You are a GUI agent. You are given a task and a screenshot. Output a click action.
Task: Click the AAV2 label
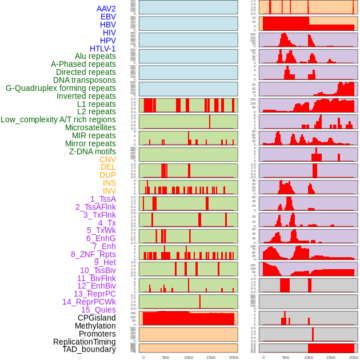click(x=106, y=9)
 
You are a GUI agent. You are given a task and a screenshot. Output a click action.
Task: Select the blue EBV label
click(x=108, y=17)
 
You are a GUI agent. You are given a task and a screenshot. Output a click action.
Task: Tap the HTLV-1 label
click(x=102, y=49)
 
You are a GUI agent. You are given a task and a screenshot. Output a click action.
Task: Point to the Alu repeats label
click(x=95, y=56)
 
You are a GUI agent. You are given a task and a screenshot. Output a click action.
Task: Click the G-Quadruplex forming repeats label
click(x=61, y=88)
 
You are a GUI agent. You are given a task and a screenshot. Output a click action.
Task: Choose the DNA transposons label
click(x=85, y=80)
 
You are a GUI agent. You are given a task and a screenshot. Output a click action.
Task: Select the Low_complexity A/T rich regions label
click(x=58, y=119)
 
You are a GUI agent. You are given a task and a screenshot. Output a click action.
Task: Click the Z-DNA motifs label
click(x=93, y=151)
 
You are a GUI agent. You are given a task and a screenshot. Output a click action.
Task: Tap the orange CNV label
click(x=107, y=159)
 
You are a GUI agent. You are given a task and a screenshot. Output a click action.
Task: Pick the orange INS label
click(x=109, y=183)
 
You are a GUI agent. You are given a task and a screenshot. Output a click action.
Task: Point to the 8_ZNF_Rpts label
click(x=93, y=254)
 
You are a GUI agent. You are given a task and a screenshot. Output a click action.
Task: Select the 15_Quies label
click(x=98, y=310)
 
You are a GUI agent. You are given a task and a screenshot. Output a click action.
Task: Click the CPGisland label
click(x=97, y=318)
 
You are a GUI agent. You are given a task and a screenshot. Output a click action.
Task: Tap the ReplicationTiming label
click(x=84, y=342)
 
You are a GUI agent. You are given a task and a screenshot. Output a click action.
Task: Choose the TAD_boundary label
click(x=89, y=349)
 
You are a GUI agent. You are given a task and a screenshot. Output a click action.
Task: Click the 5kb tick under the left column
click(x=166, y=357)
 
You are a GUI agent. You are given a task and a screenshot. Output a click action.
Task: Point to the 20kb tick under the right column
click(x=354, y=357)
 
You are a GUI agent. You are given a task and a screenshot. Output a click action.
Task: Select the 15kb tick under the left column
click(x=211, y=357)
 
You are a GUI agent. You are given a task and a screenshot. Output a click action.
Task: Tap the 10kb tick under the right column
click(x=309, y=357)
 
